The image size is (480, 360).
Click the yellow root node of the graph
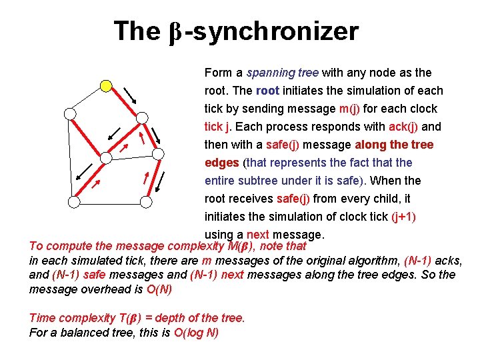[x=105, y=85]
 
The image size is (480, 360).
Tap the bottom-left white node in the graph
[x=73, y=200]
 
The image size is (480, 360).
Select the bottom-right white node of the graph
[x=147, y=200]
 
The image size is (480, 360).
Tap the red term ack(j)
[x=402, y=127]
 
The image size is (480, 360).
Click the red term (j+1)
[x=405, y=217]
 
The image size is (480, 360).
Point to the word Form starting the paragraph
[x=218, y=73]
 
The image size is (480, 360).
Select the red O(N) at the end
[x=159, y=289]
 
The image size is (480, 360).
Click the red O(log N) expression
[x=196, y=333]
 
